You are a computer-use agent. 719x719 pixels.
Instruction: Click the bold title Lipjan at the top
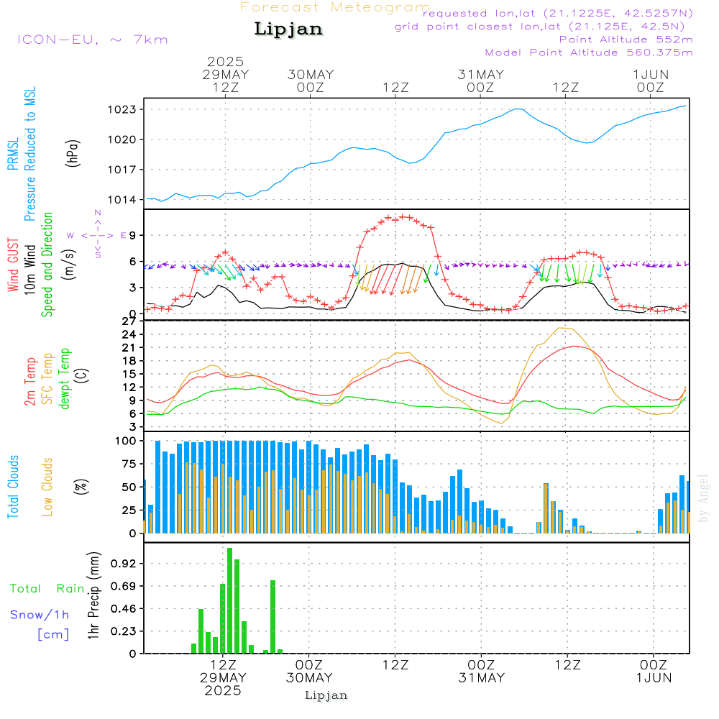coord(288,29)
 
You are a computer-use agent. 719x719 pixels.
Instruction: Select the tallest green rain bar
coord(229,600)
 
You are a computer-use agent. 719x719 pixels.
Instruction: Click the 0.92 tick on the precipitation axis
coord(126,564)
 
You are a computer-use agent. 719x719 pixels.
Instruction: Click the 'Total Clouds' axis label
coord(14,487)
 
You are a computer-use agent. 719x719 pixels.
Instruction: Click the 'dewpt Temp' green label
coord(65,379)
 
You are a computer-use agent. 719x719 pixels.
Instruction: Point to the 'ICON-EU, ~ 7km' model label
coord(92,40)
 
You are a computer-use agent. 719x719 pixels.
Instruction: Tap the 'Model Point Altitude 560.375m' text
coord(589,52)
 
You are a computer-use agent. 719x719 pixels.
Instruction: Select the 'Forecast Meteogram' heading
coord(335,7)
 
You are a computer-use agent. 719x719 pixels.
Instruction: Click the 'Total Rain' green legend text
coord(47,589)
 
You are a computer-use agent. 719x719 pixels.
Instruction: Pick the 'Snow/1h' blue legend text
coord(40,615)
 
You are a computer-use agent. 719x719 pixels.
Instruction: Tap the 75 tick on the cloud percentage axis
coord(127,464)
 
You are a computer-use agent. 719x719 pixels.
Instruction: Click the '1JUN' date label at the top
coord(651,75)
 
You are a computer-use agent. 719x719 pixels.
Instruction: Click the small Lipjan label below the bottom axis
coord(326,695)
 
